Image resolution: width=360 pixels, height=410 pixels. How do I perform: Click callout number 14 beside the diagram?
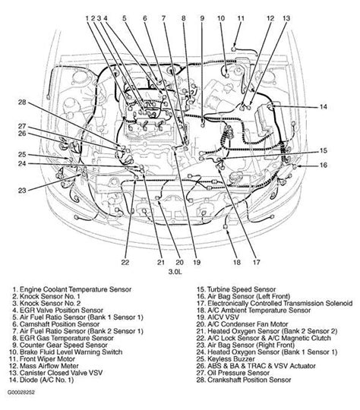[324, 107]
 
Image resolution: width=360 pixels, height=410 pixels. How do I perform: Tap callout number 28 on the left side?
[22, 102]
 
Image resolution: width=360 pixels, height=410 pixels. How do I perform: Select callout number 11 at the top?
[241, 18]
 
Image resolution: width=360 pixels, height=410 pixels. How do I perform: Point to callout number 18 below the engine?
[236, 262]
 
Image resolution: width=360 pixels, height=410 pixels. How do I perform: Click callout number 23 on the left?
[22, 191]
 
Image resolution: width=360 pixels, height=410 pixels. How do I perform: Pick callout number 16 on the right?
[324, 165]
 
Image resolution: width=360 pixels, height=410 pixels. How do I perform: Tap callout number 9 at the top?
[202, 18]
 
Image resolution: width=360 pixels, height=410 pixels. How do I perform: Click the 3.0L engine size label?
[175, 272]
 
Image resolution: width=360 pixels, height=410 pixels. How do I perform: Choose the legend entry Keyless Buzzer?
[226, 359]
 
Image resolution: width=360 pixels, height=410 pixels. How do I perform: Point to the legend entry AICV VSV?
[218, 317]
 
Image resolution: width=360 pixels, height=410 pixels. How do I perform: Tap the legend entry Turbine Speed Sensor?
[236, 289]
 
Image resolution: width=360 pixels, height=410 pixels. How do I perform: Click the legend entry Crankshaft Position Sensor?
[244, 380]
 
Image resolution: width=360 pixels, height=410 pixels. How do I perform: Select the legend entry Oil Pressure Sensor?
[233, 373]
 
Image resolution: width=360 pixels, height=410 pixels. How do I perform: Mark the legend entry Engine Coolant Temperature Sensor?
[71, 289]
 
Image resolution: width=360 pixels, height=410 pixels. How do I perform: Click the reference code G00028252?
[21, 393]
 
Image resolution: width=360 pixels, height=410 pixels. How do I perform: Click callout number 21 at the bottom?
[161, 262]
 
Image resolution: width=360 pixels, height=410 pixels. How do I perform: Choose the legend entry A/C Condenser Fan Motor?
[242, 324]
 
